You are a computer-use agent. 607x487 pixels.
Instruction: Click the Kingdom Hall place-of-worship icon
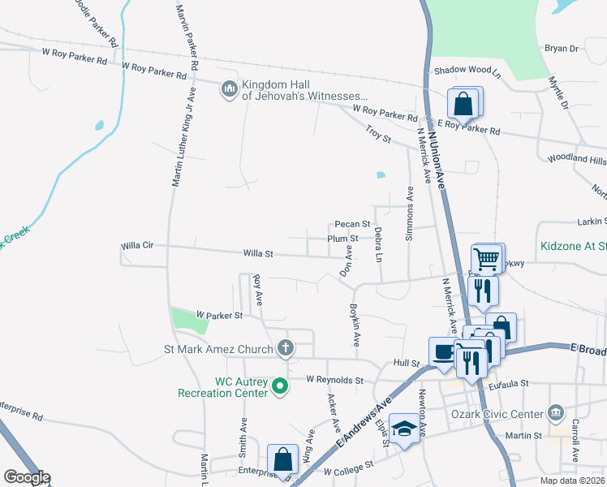[230, 88]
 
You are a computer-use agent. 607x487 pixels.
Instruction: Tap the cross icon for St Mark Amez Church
[285, 348]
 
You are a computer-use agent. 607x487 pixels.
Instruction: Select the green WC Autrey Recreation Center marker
[281, 386]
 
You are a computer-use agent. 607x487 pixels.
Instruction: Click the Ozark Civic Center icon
[556, 413]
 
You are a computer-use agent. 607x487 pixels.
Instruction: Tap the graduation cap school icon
[403, 429]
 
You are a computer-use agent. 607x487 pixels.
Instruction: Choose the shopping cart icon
[486, 260]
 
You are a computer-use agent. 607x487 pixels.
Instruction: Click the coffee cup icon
[443, 352]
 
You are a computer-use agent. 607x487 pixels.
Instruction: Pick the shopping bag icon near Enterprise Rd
[283, 459]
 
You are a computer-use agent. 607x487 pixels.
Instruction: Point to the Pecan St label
[352, 224]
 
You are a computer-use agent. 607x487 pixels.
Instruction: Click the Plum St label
[342, 239]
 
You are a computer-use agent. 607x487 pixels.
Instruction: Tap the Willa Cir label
[136, 245]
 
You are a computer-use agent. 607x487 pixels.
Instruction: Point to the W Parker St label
[220, 314]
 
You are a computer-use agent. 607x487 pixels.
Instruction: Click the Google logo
[27, 477]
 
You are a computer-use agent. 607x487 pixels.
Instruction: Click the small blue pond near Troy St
[380, 174]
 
